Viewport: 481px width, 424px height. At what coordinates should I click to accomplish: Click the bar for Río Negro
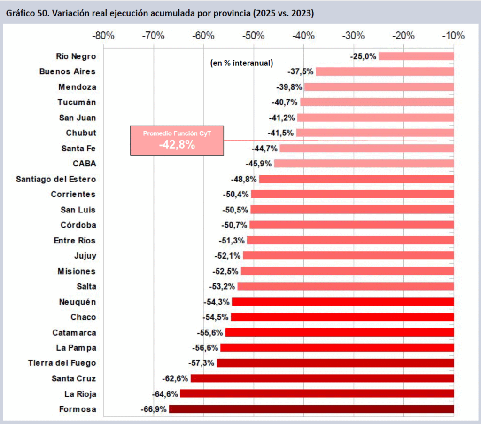coord(416,56)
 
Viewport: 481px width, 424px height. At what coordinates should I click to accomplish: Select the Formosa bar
coord(311,409)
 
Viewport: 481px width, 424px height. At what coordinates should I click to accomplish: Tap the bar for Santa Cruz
coord(322,378)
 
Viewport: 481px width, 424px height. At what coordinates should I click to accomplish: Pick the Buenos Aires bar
coord(385,71)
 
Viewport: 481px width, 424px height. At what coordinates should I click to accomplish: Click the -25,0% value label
coord(363,56)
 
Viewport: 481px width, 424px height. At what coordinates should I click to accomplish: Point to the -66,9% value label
coord(154,409)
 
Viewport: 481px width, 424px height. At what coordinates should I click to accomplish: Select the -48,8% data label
coord(244,179)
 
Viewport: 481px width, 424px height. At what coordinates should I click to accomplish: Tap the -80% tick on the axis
coord(103,36)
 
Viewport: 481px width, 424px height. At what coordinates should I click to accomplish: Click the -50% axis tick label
coord(254,36)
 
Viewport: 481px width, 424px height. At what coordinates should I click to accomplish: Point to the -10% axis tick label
coord(454,36)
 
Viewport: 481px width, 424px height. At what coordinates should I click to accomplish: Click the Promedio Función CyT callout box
coord(177,140)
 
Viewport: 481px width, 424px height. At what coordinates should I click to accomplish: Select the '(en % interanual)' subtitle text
coord(241,63)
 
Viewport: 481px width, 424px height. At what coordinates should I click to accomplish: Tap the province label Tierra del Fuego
coord(62,363)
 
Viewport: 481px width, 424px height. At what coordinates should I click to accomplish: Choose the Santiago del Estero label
coord(56,179)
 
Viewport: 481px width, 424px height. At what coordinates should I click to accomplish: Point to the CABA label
coord(84,164)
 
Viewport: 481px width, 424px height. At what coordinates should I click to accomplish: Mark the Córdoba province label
coord(78,225)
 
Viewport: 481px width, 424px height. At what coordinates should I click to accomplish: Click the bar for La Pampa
coord(337,348)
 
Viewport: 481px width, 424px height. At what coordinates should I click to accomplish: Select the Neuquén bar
coord(343,302)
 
